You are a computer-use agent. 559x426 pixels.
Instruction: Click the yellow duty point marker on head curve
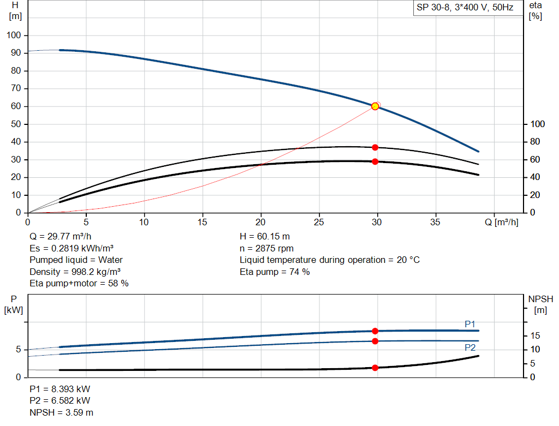375,106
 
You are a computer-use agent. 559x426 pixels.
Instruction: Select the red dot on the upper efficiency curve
375,147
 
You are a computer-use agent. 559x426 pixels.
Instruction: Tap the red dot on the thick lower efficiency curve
375,161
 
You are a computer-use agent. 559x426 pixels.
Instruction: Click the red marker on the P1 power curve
375,331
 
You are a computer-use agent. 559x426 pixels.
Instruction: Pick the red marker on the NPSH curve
375,368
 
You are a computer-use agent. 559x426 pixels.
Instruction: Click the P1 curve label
470,324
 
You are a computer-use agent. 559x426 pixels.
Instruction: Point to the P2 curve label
470,347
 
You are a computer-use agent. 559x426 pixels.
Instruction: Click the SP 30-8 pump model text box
465,8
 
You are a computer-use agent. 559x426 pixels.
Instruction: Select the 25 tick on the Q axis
319,222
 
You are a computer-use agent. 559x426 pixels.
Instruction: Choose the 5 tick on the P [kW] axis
18,349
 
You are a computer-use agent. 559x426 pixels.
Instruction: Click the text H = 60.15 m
266,237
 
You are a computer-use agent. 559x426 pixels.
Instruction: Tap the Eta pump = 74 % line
275,272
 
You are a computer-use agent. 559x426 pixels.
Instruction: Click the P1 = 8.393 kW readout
60,389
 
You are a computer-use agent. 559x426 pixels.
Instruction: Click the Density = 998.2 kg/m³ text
75,272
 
